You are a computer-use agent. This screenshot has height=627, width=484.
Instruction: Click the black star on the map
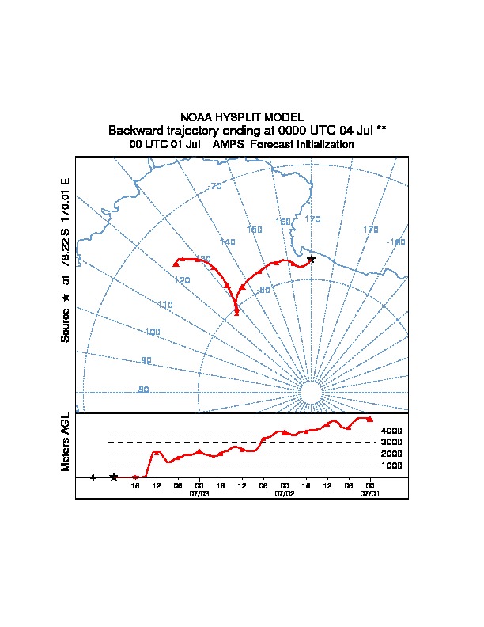[x=311, y=259]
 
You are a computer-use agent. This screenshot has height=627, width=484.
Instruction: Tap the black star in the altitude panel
[x=114, y=477]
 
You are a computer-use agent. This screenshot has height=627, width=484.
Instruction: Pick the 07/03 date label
[x=199, y=492]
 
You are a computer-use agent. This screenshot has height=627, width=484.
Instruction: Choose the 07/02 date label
[x=284, y=492]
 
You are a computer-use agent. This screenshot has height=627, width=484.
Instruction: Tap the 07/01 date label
[x=369, y=492]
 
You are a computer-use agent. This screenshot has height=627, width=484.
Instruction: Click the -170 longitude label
[x=369, y=230]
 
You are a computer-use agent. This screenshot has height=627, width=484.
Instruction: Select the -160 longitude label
[x=395, y=242]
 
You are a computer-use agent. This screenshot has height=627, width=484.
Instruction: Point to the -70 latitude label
[x=214, y=187]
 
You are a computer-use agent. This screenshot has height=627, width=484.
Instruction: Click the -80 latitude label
[x=264, y=291]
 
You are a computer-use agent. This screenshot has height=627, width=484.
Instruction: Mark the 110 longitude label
[x=165, y=305]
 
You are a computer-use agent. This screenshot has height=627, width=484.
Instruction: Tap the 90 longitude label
[x=146, y=361]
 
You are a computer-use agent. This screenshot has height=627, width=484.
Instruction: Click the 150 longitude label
[x=254, y=230]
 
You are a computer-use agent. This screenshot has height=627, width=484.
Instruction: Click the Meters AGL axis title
[x=66, y=442]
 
